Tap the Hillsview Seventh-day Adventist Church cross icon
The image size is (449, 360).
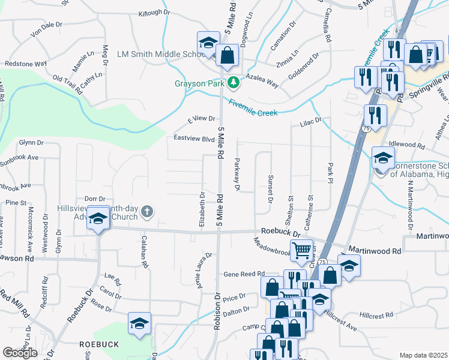coord(148,211)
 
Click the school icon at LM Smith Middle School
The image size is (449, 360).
coord(208,43)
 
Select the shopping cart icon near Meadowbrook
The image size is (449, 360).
coord(302,250)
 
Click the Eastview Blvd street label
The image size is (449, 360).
coord(194,138)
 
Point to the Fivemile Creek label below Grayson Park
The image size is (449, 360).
coord(252,107)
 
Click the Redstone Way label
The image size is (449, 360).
coord(26,63)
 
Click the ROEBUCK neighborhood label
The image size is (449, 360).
coord(98,345)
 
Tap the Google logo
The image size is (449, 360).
coord(20,353)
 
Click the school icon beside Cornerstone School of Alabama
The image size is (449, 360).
coord(383,158)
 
